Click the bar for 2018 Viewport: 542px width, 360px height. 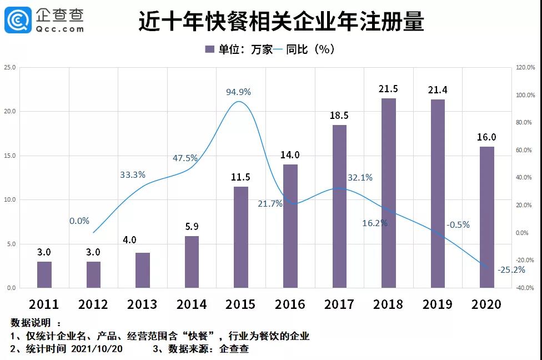point(389,193)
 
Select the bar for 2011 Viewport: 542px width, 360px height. point(44,274)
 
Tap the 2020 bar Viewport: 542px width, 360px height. point(487,217)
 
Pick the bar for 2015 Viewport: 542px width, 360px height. point(240,237)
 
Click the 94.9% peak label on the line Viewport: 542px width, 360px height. point(238,92)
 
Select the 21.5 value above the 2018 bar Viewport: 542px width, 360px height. point(389,89)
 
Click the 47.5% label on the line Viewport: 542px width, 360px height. point(185,158)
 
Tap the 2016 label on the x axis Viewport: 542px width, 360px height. point(290,304)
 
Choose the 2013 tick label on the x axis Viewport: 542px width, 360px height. point(142,304)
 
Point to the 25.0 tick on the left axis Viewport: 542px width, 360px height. point(10,68)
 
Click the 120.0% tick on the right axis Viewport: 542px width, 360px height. point(524,68)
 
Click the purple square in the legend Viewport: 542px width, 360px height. point(210,49)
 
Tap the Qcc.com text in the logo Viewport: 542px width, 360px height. point(60,28)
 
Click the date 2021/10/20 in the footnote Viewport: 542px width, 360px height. point(97,349)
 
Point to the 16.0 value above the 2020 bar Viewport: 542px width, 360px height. point(487,137)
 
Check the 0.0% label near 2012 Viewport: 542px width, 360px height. point(79,221)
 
